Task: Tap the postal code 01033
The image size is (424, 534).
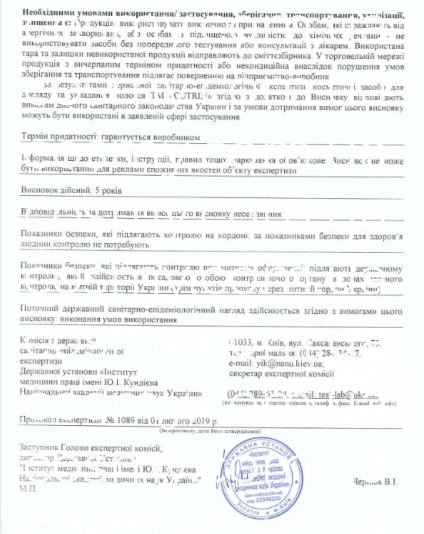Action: pos(241,343)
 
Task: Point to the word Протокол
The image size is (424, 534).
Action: pos(36,421)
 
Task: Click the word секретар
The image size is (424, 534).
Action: pos(246,373)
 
